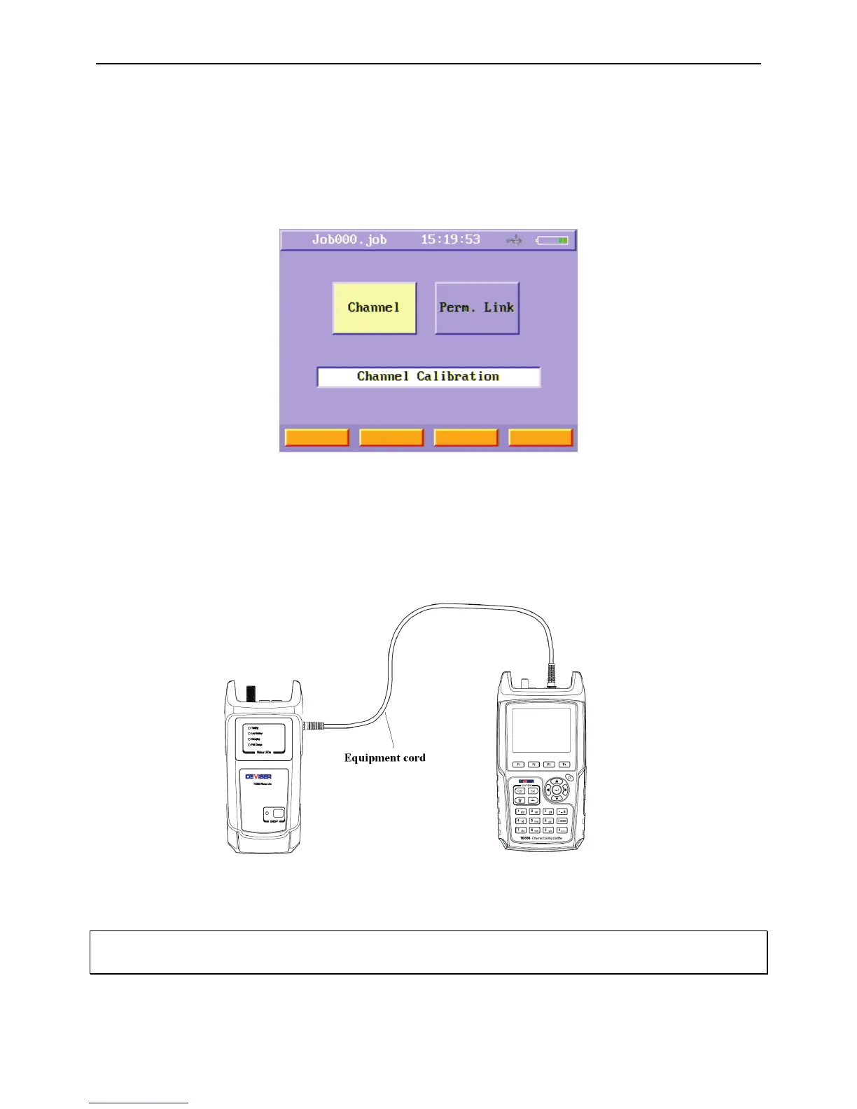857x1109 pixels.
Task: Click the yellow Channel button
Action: [374, 308]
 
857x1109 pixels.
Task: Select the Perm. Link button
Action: [477, 308]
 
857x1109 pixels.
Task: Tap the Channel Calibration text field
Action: [428, 377]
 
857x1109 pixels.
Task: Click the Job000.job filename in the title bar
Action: [349, 239]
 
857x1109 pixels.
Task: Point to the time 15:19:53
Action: [450, 239]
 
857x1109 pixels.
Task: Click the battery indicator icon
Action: [553, 240]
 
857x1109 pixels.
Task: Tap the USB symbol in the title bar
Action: [515, 240]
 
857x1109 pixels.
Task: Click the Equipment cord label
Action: [384, 758]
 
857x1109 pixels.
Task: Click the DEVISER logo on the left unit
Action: [258, 776]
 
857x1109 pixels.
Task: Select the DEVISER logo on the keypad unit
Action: [526, 781]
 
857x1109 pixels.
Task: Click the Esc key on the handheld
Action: [534, 791]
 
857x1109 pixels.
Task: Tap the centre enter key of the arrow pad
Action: [557, 790]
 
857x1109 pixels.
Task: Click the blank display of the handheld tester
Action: [541, 730]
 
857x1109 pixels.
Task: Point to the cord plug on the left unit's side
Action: [313, 727]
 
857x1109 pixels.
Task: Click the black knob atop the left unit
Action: [251, 694]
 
